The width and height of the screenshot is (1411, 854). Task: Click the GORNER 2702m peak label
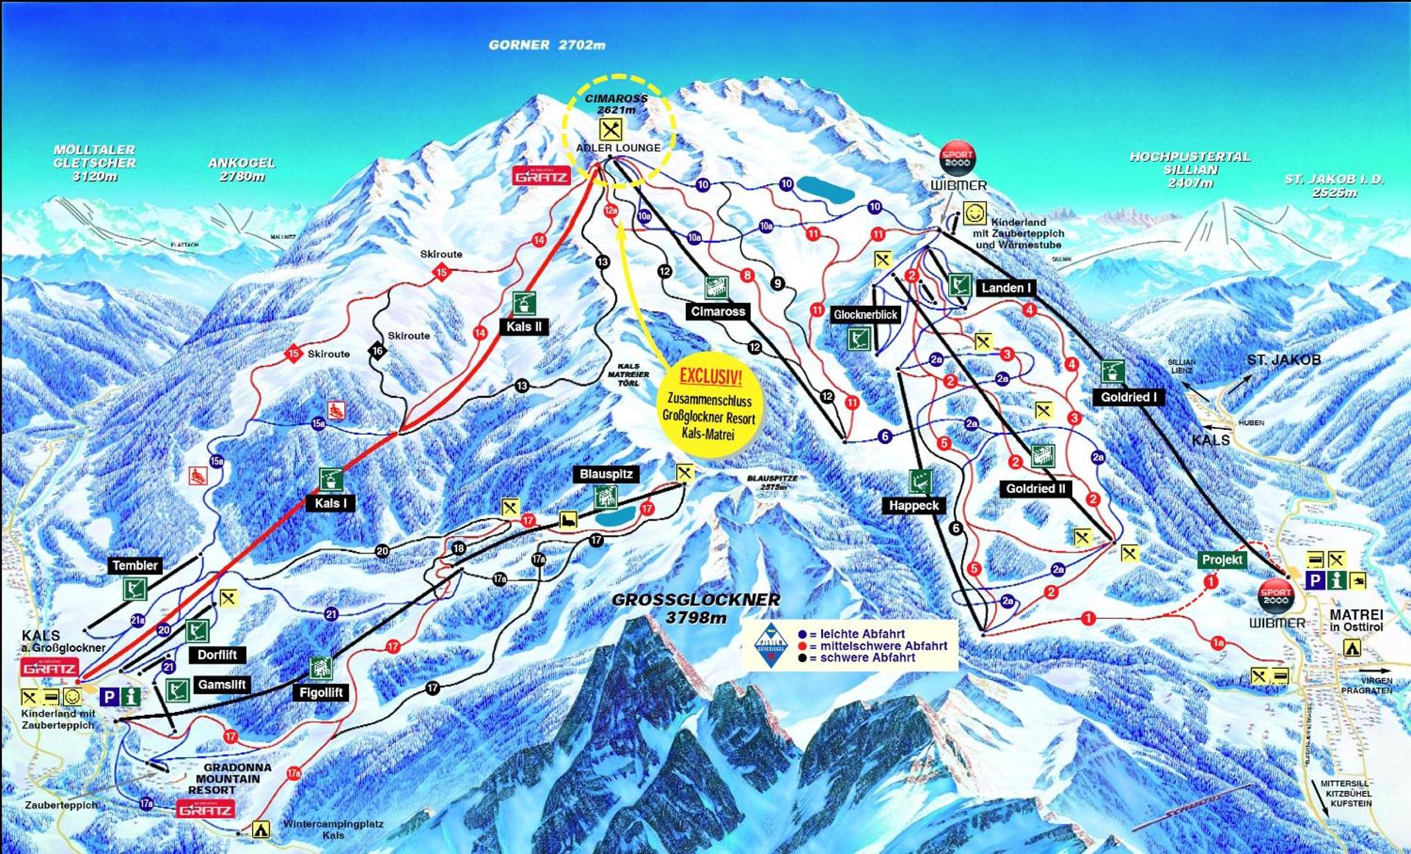pyautogui.click(x=547, y=45)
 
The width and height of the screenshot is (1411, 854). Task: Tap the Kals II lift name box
pyautogui.click(x=523, y=327)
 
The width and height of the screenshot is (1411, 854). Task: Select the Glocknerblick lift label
pyautogui.click(x=865, y=315)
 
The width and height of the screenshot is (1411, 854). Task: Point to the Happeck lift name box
pyautogui.click(x=913, y=506)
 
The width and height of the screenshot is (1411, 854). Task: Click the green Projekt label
pyautogui.click(x=1221, y=560)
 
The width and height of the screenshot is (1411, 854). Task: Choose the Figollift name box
pyautogui.click(x=320, y=692)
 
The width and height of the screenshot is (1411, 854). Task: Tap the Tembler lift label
pyautogui.click(x=134, y=565)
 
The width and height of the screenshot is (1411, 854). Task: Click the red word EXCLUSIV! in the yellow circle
pyautogui.click(x=710, y=377)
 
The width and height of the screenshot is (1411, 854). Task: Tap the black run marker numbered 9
pyautogui.click(x=778, y=284)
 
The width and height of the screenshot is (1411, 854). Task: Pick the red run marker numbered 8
pyautogui.click(x=747, y=276)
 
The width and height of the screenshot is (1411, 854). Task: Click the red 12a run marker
pyautogui.click(x=611, y=211)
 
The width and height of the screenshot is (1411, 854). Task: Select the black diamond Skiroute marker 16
pyautogui.click(x=377, y=351)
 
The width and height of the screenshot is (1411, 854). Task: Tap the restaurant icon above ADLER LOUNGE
pyautogui.click(x=611, y=129)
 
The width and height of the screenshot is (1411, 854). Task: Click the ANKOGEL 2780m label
pyautogui.click(x=241, y=170)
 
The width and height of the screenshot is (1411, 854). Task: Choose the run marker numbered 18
pyautogui.click(x=459, y=548)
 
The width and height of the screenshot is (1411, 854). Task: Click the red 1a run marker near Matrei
pyautogui.click(x=1218, y=644)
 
